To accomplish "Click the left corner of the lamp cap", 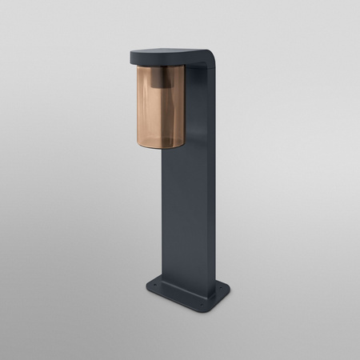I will (130, 56).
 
